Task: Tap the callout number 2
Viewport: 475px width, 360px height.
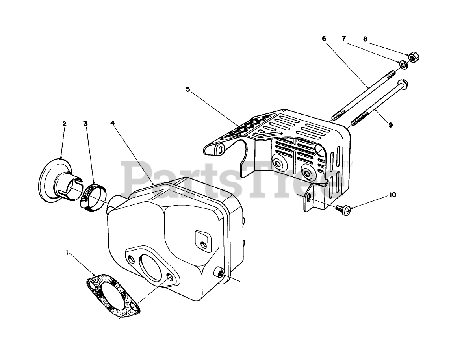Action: (64, 124)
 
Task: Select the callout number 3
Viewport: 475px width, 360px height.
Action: (85, 124)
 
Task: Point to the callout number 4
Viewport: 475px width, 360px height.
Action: (113, 123)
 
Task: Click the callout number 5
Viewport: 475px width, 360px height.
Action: (188, 89)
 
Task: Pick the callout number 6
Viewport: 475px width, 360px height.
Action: (324, 39)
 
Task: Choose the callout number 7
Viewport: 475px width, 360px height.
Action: (344, 39)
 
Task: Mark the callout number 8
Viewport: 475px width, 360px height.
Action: (365, 39)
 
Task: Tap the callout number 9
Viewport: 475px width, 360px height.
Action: (390, 125)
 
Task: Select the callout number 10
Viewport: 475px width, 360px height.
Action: (393, 195)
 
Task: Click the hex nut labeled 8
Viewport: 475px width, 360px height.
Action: (413, 58)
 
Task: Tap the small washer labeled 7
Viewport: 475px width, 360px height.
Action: (403, 64)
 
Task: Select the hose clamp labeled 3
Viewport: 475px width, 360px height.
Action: (93, 195)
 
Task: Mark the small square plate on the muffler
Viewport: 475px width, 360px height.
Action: (201, 240)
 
